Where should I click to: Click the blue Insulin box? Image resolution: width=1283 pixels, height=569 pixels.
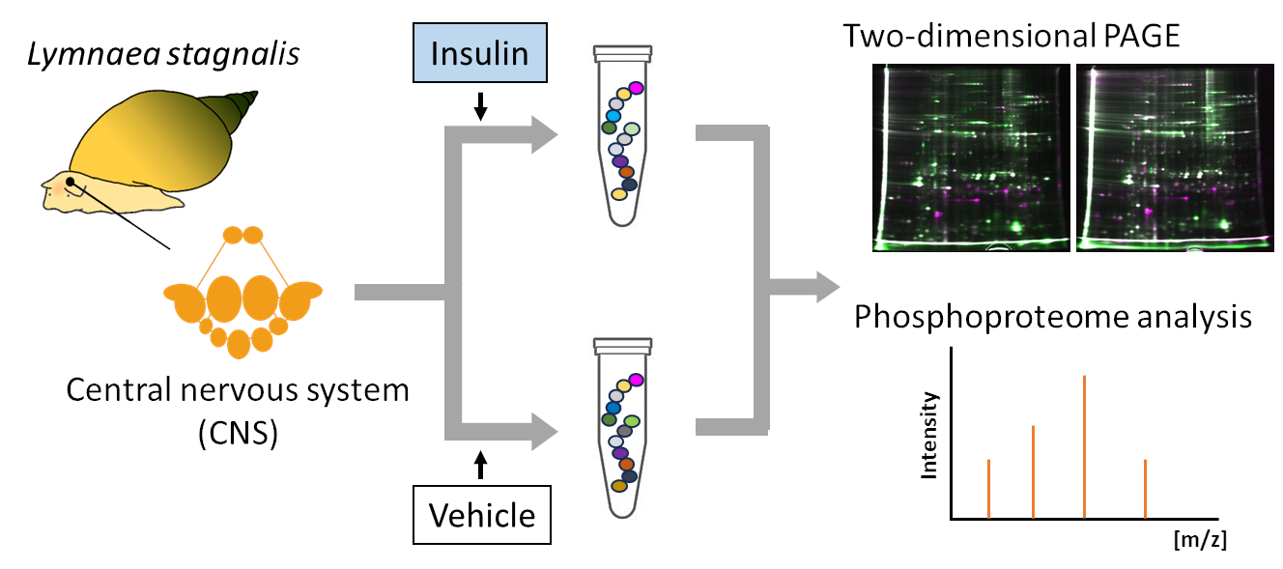point(480,53)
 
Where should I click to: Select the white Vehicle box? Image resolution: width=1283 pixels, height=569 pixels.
point(482,515)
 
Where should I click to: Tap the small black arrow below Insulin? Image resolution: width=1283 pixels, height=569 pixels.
point(480,106)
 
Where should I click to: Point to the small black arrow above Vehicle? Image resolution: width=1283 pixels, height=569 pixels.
point(481,465)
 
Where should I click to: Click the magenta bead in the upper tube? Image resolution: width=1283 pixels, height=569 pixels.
point(636,88)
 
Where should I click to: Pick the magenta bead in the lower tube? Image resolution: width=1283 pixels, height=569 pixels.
point(636,380)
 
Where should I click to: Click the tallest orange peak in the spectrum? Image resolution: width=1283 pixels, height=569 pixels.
point(1084,447)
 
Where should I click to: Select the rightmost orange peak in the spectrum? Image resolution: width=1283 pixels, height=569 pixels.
point(1145,489)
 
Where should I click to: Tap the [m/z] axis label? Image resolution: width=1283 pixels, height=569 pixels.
point(1200,540)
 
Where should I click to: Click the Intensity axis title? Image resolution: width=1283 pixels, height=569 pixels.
point(928,435)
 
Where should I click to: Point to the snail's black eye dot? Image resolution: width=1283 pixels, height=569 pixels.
point(70,182)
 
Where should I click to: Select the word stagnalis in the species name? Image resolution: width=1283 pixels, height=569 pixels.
point(233,55)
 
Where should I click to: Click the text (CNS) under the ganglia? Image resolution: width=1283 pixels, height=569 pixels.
point(239,433)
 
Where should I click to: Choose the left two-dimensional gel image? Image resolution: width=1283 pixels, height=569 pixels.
point(971,157)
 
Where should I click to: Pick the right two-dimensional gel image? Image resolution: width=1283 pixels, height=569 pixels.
point(1175,157)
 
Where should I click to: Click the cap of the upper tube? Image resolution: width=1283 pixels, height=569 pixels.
point(622,53)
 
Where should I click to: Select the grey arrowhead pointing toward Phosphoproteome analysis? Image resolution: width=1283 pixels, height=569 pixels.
point(828,287)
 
